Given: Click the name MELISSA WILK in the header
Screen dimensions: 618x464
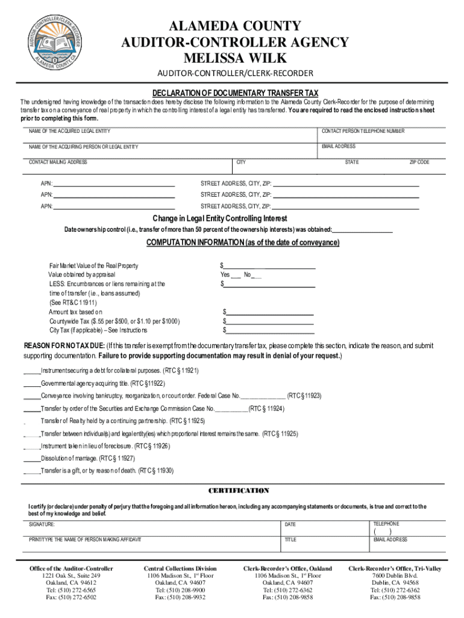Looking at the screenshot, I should tap(235, 59).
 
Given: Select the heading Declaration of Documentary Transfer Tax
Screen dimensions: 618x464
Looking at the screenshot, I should tap(235, 93).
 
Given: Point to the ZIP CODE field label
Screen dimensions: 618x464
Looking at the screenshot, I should tap(419, 162).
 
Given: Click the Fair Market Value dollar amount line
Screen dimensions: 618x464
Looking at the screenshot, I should tap(270, 266).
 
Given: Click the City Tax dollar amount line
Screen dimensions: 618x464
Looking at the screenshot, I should tap(270, 331).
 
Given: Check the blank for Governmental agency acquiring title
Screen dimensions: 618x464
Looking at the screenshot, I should tap(31, 383).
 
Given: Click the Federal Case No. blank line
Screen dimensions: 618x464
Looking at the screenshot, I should tap(263, 396).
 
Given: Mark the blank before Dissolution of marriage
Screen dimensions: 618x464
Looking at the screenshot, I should tap(31, 458).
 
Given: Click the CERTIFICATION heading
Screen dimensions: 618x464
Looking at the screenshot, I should tap(239, 491).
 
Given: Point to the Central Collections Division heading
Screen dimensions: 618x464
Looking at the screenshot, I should tap(180, 569).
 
